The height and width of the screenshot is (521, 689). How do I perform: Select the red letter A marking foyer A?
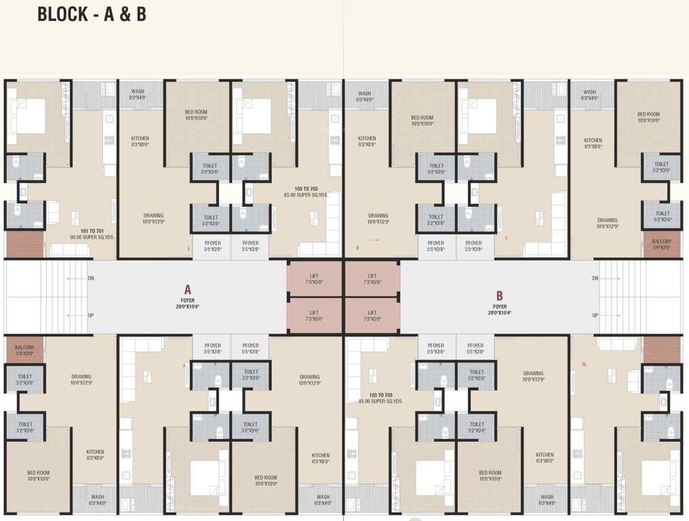click(x=187, y=289)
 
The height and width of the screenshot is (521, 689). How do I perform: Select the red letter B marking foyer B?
click(x=499, y=295)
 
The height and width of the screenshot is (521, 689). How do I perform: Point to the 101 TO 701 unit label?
click(x=94, y=231)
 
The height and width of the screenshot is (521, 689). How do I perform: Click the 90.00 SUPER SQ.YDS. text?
click(x=94, y=237)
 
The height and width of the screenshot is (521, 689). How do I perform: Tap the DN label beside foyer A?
click(x=91, y=278)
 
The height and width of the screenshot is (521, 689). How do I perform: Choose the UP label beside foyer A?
click(x=91, y=315)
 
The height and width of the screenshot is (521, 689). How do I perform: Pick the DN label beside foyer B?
click(x=595, y=278)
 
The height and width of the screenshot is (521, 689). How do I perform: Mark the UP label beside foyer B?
click(x=595, y=315)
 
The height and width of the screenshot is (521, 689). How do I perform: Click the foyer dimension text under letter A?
click(x=187, y=307)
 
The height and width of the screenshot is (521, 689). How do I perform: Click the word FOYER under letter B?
click(x=499, y=307)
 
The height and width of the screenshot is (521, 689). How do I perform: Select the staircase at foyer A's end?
click(x=46, y=296)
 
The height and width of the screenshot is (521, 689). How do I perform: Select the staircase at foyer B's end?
click(x=640, y=296)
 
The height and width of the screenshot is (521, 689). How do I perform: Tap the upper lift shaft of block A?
click(x=315, y=278)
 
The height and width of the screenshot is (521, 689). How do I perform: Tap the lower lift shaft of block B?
click(x=372, y=315)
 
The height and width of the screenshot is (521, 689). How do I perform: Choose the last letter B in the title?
click(x=140, y=14)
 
